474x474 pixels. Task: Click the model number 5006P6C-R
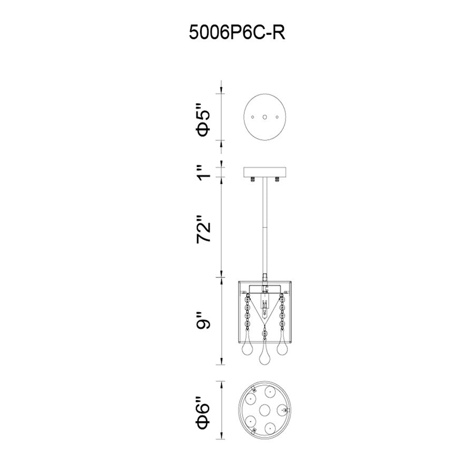(x=237, y=33)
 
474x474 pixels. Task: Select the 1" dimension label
(x=203, y=172)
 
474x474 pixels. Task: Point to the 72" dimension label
(x=203, y=230)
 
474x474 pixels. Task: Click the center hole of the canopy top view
(x=265, y=117)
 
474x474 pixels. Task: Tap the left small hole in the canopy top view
(x=253, y=117)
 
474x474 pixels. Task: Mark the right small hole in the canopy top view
(x=277, y=117)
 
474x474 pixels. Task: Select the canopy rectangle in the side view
(x=265, y=172)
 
